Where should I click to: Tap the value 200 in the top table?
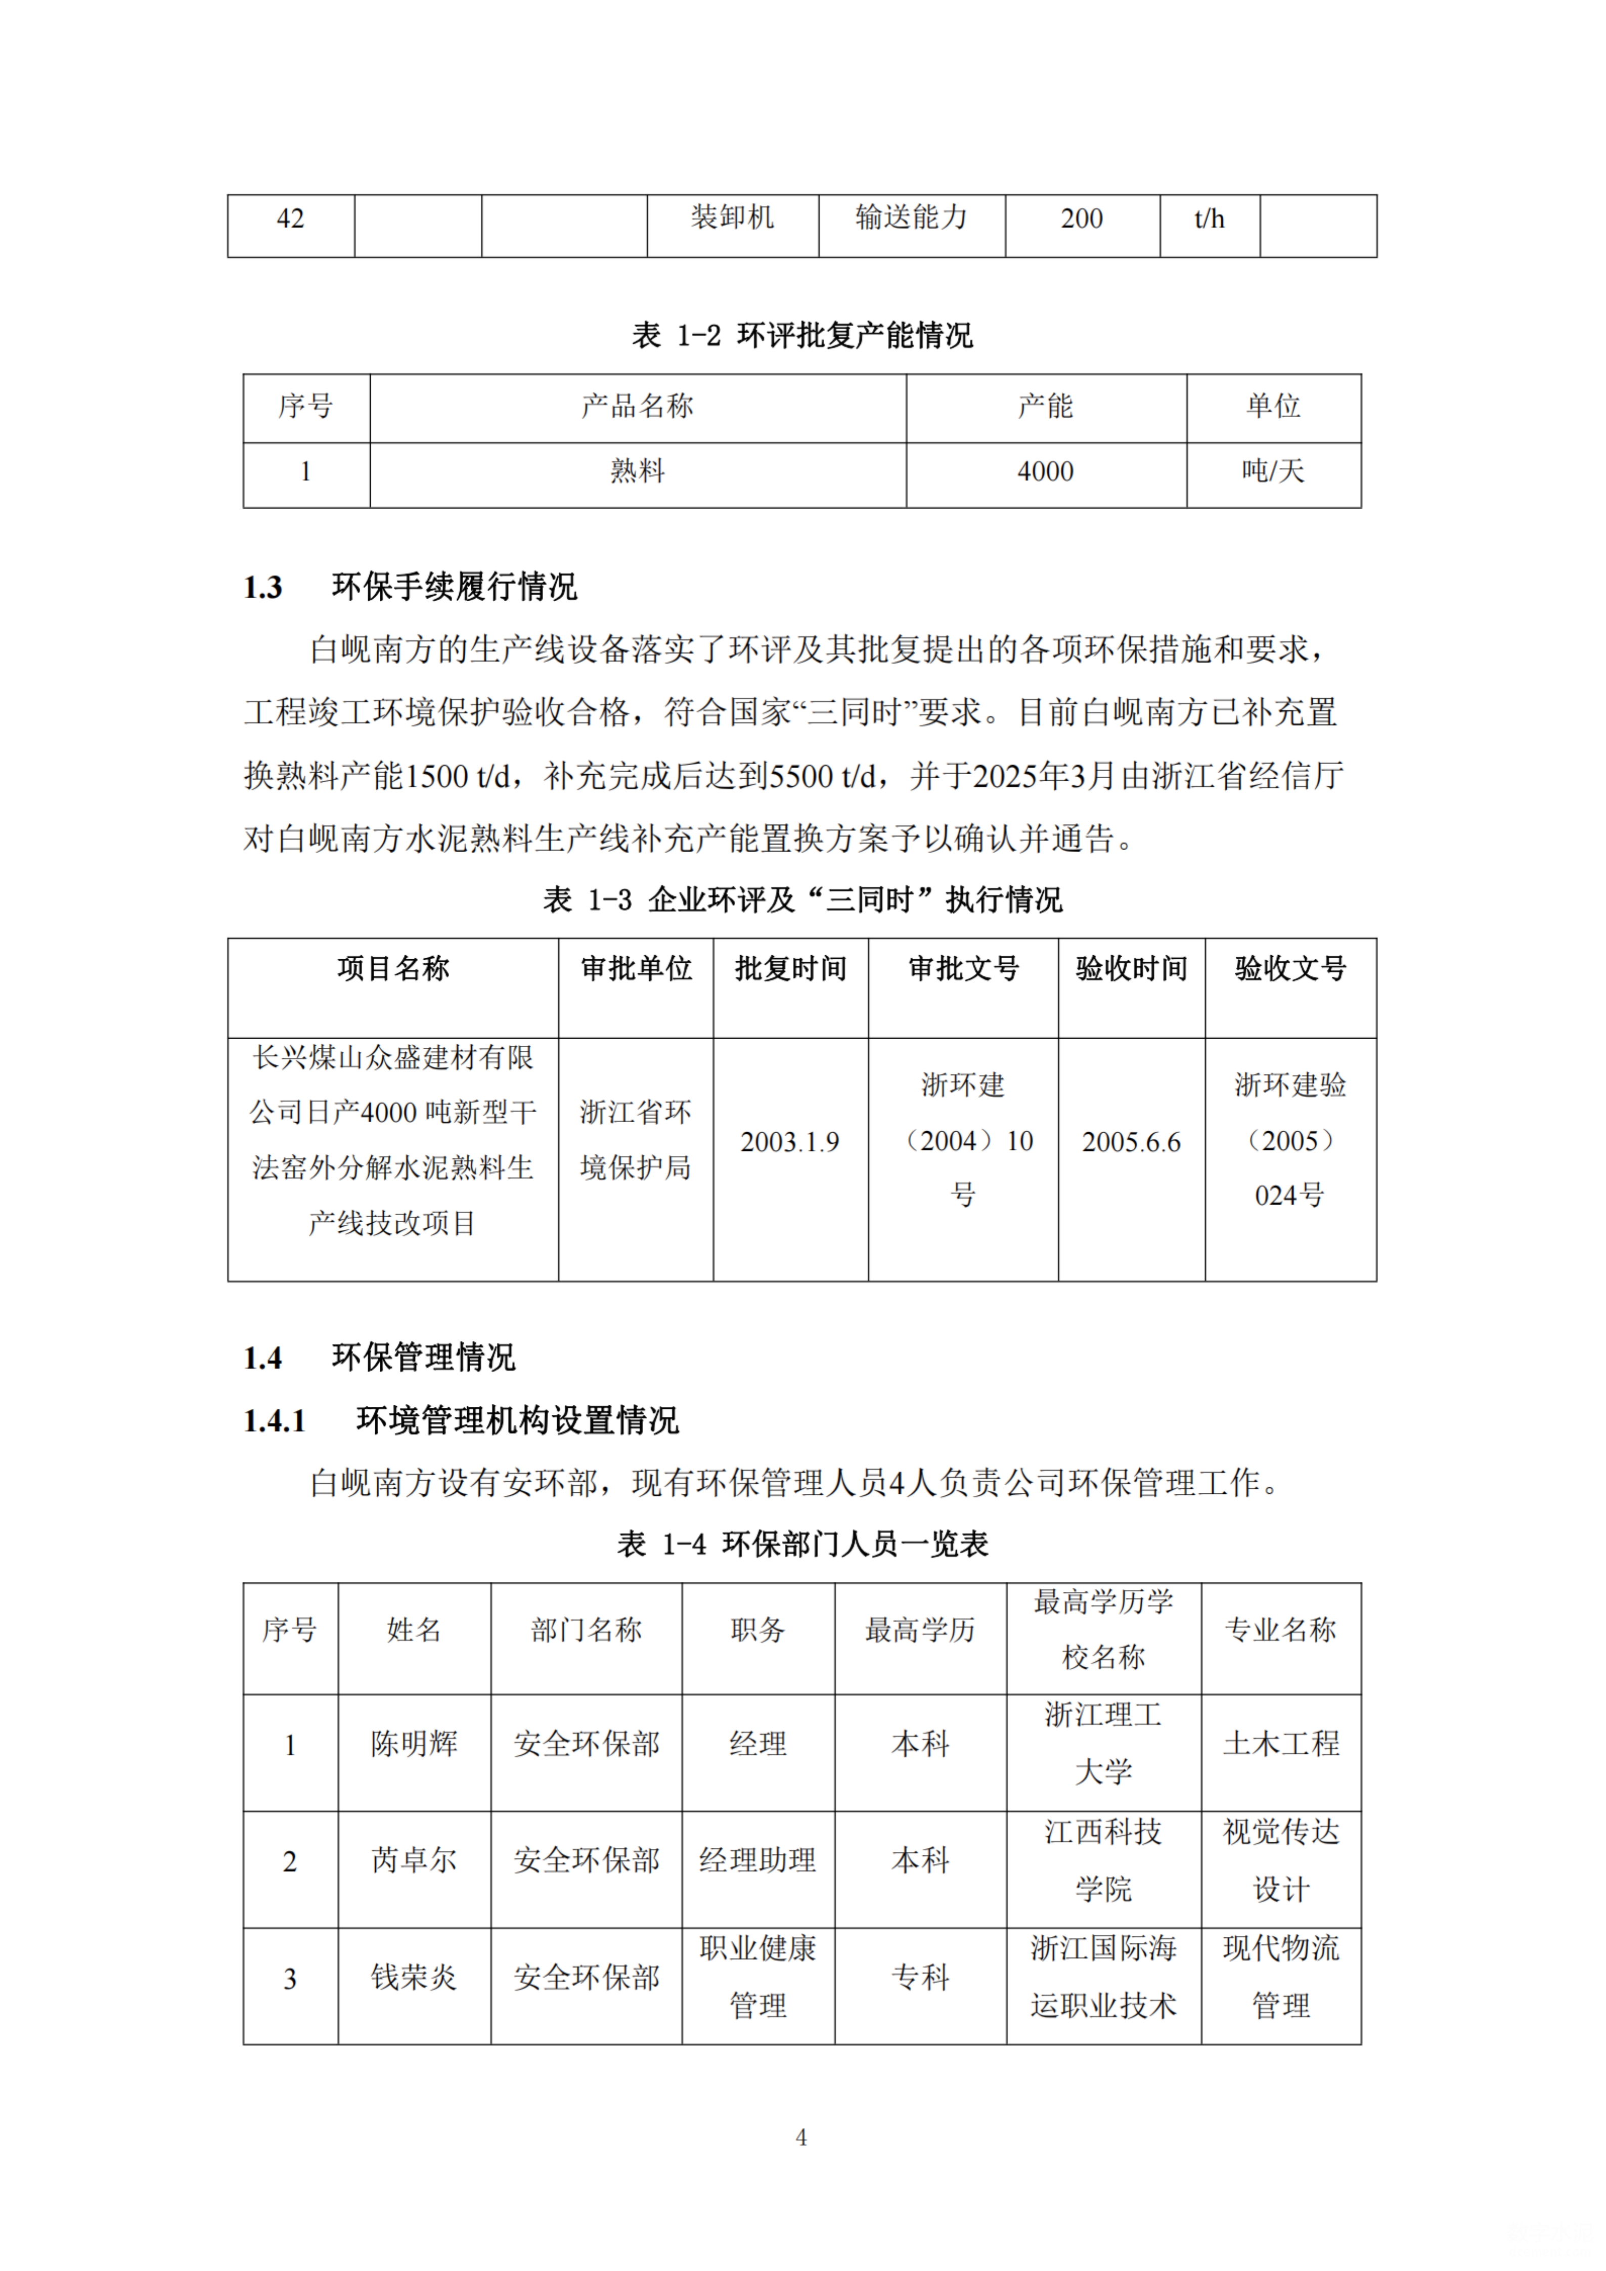pyautogui.click(x=1081, y=218)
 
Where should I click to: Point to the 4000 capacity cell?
pyautogui.click(x=1045, y=472)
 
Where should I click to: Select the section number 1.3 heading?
pyautogui.click(x=263, y=588)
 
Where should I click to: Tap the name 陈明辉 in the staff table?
pyautogui.click(x=413, y=1744)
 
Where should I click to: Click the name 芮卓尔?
pyautogui.click(x=413, y=1860)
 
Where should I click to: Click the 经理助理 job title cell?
pyautogui.click(x=757, y=1860)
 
